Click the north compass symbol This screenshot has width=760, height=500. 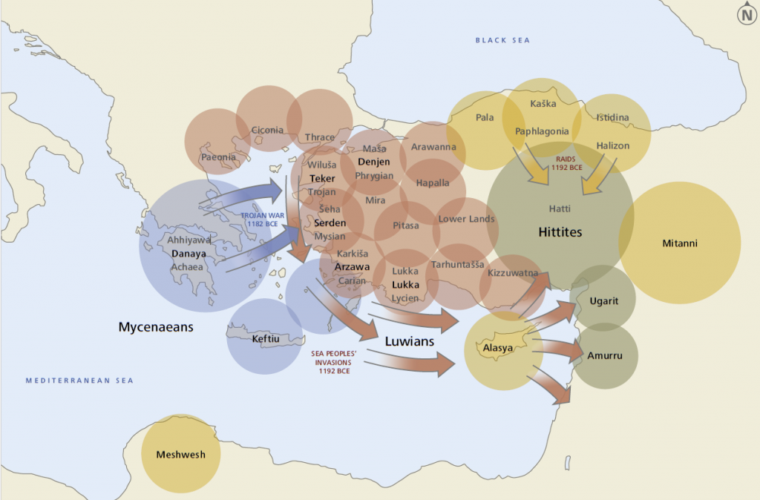coord(746,14)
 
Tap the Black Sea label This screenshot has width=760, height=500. coord(502,40)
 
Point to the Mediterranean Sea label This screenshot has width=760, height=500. coord(79,381)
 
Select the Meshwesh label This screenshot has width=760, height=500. coord(180,455)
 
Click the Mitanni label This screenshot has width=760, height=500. coord(680,243)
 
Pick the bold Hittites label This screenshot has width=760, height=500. coord(560,232)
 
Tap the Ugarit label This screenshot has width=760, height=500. coord(602,300)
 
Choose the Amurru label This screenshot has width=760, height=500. coord(603,356)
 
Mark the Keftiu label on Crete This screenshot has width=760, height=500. coord(266,339)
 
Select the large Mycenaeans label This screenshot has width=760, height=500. coord(156,326)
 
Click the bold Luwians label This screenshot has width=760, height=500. coord(410,342)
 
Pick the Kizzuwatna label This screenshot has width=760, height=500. coord(513,273)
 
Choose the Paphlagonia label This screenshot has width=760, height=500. coord(542,132)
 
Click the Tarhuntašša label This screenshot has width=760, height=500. coord(458,265)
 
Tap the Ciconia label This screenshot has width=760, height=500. coord(267,131)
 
